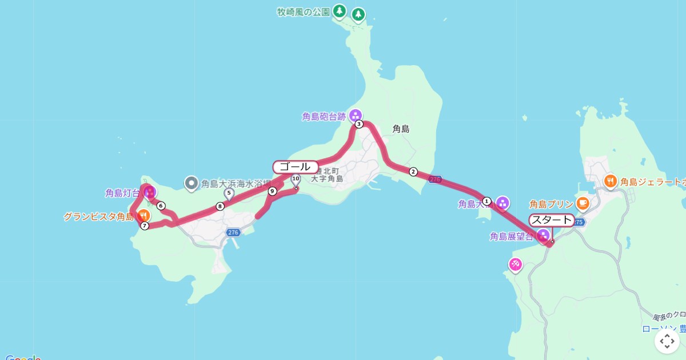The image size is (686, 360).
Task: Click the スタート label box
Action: tap(552, 220)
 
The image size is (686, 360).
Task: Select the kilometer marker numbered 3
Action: tap(359, 124)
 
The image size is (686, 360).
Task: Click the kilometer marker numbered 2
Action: tap(413, 171)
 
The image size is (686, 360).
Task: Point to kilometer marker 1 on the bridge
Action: tap(486, 201)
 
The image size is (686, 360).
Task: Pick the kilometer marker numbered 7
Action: tap(145, 226)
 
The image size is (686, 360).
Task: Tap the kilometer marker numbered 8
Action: tap(220, 206)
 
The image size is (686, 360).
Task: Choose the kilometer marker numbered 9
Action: tap(272, 191)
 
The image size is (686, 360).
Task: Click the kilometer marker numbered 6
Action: tap(161, 206)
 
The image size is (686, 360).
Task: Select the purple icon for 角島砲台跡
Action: tap(356, 115)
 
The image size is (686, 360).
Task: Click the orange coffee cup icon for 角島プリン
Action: tap(582, 202)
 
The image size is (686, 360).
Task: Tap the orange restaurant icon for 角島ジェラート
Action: tap(611, 181)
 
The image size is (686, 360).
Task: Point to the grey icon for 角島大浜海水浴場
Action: tap(191, 183)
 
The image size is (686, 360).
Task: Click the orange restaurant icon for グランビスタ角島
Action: tap(143, 215)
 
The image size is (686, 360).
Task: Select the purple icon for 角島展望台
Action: tap(543, 235)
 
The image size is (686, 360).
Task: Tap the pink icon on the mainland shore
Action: tap(515, 263)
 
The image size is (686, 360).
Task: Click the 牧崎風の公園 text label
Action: tap(304, 12)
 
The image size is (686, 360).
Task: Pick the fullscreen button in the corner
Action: tap(667, 341)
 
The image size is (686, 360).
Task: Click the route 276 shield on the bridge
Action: tap(435, 179)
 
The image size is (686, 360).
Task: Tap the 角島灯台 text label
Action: tap(122, 193)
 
